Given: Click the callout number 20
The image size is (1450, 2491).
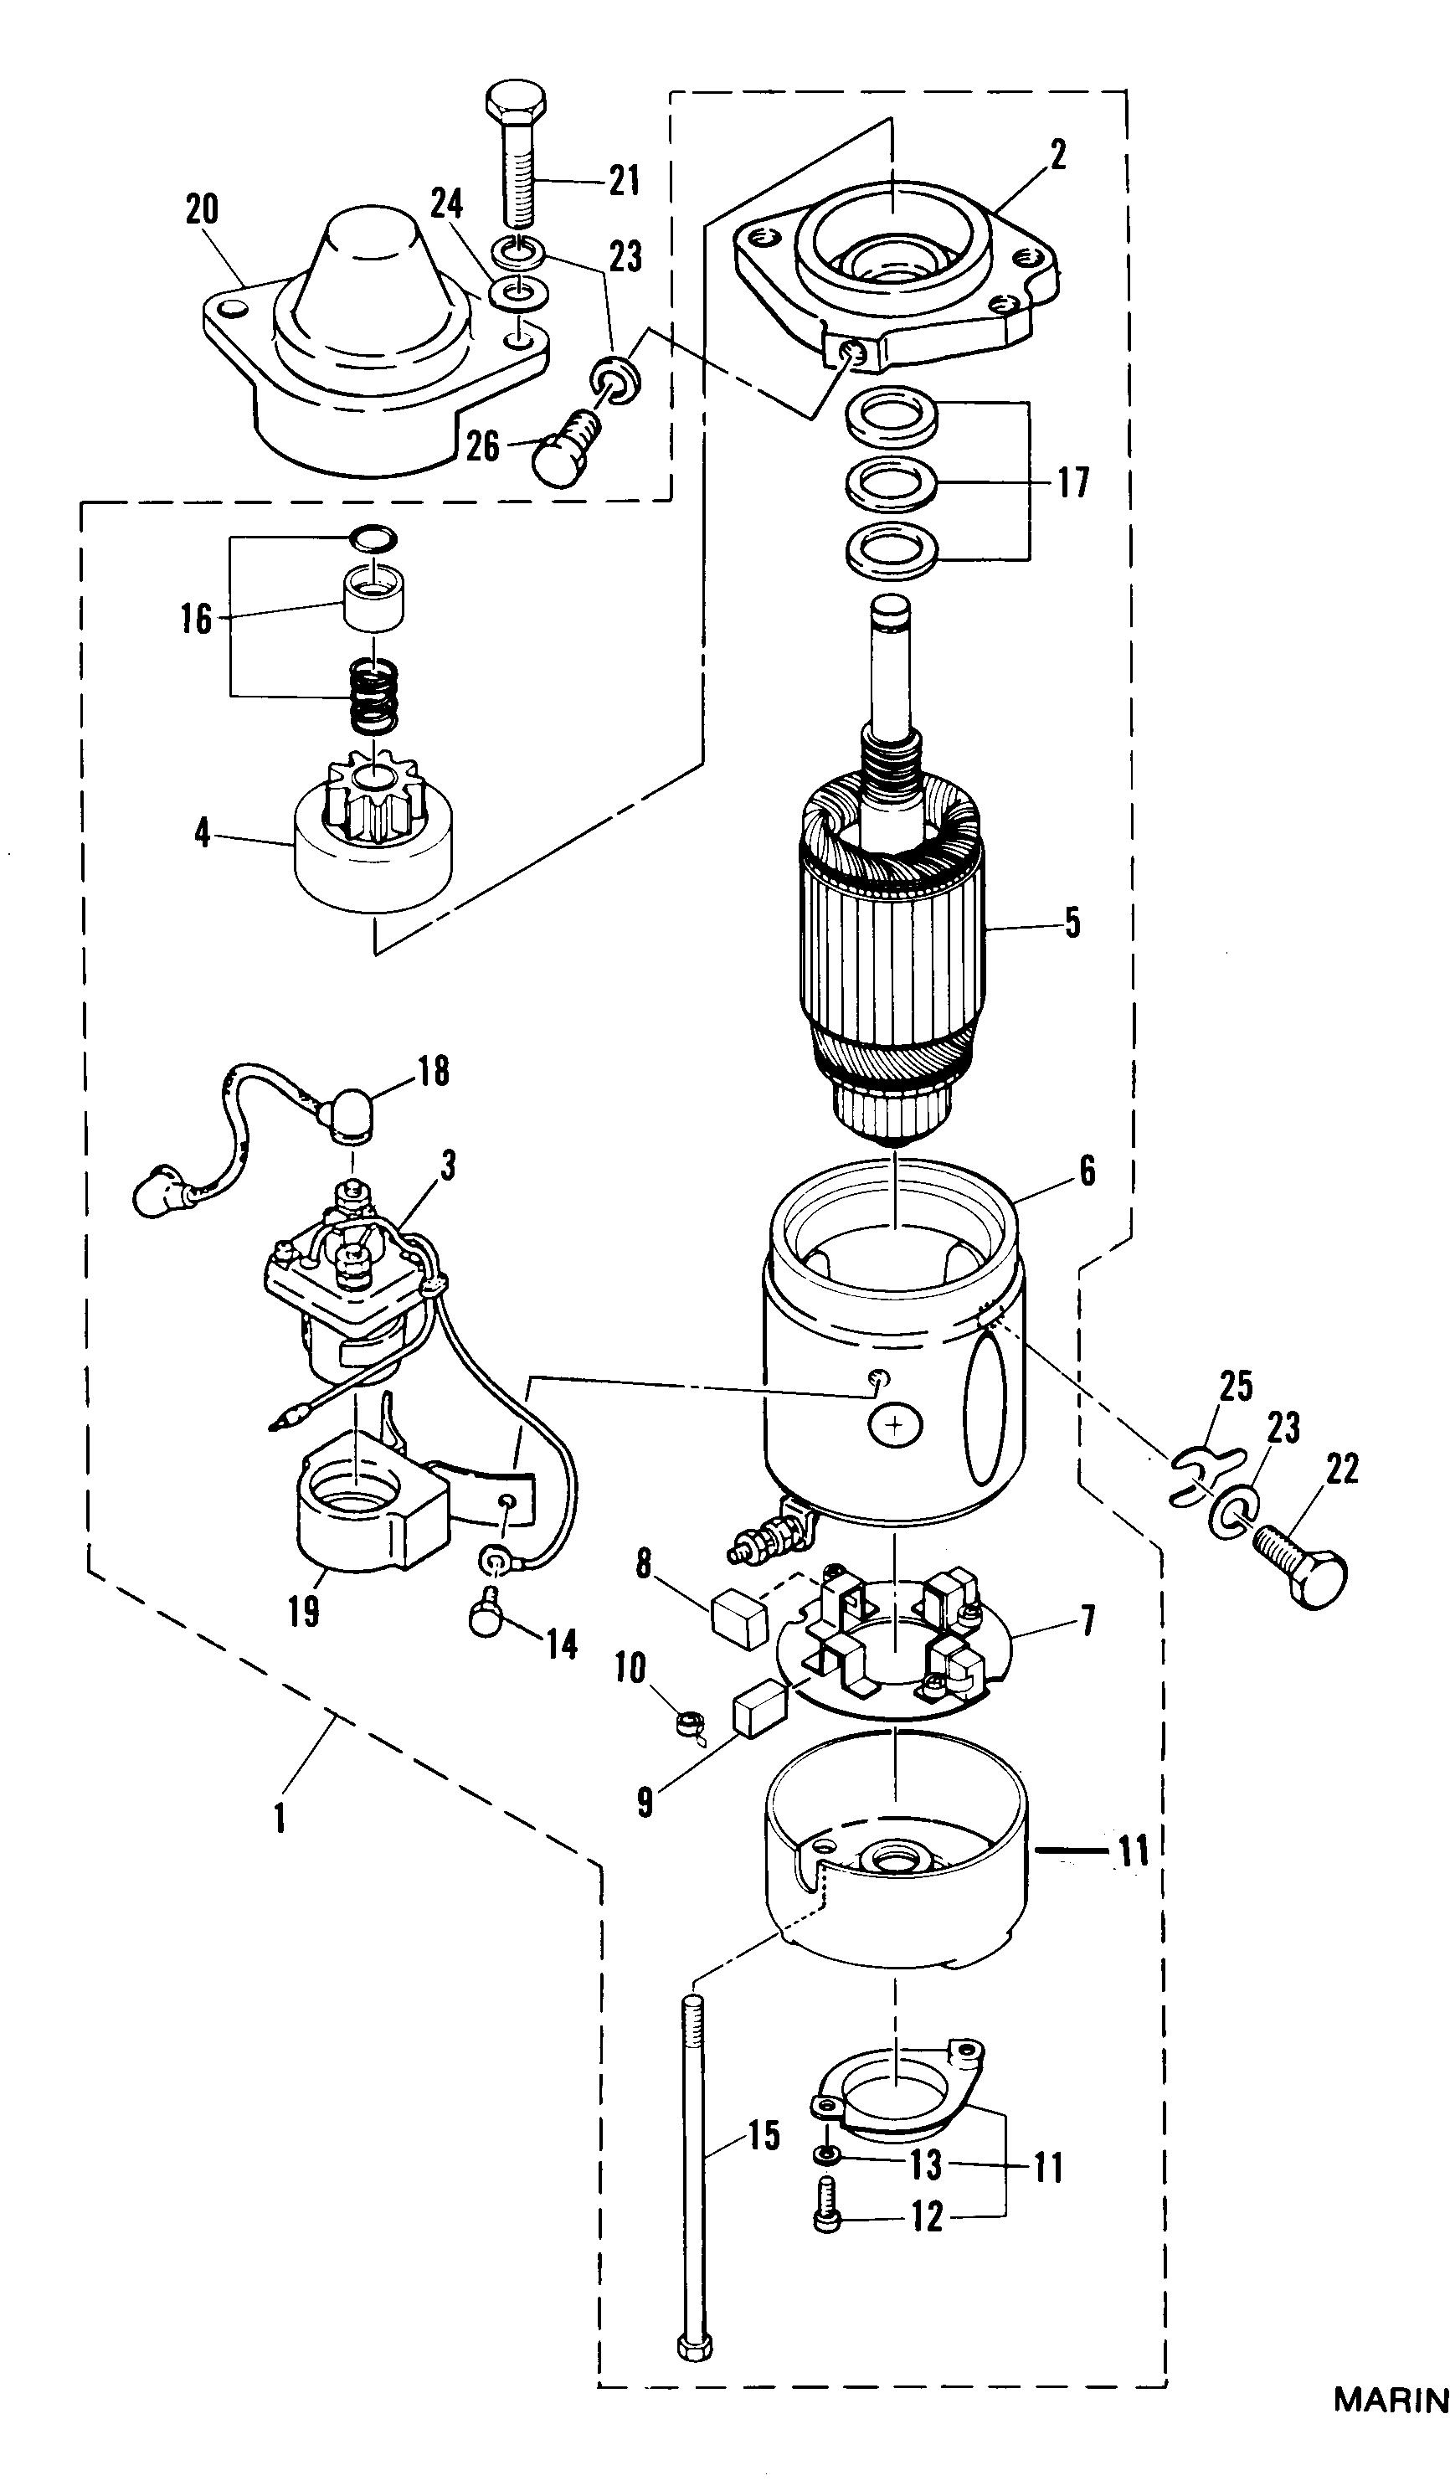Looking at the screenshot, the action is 202,209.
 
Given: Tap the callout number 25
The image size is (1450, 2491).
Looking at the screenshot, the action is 1236,1386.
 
